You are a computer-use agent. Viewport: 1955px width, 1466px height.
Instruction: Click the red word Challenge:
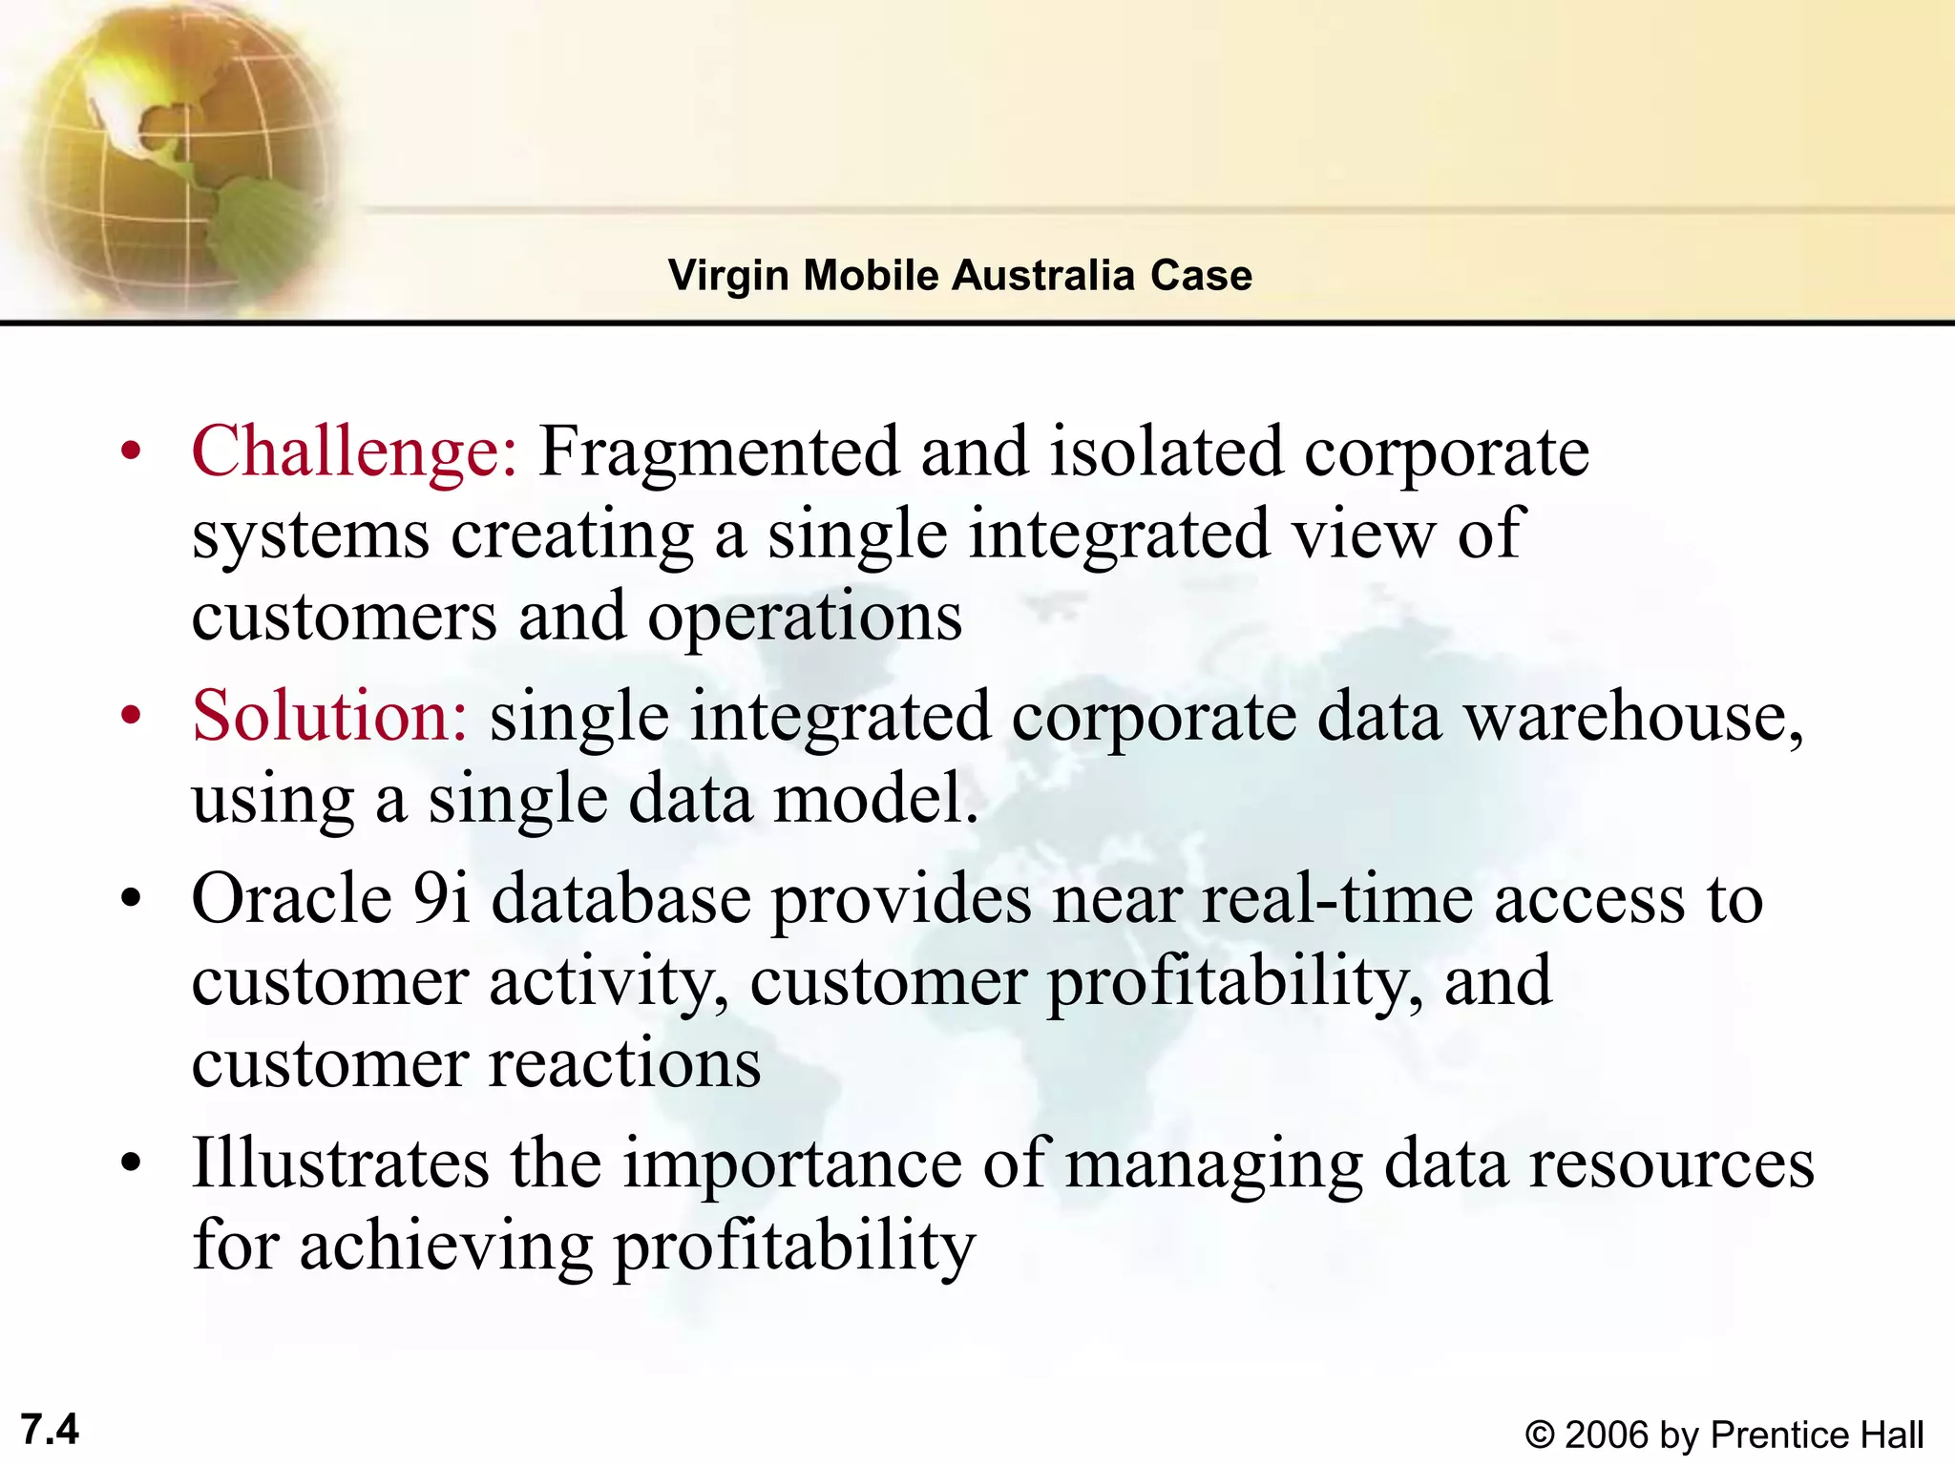[354, 451]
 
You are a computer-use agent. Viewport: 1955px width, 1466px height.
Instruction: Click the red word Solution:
[329, 716]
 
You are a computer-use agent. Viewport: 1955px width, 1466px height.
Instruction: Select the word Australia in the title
[1043, 276]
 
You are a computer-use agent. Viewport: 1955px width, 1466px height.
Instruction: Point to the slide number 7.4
[50, 1430]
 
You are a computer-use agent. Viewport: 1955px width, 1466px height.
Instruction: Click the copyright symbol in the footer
[1539, 1435]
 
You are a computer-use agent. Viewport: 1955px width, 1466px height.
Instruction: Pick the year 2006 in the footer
[1607, 1435]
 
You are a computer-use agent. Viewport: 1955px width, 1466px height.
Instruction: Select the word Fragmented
[719, 451]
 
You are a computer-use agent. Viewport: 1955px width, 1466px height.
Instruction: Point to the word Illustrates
[340, 1163]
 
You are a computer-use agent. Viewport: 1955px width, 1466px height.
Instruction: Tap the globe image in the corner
[172, 153]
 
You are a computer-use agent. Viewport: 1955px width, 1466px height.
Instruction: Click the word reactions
[624, 1063]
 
